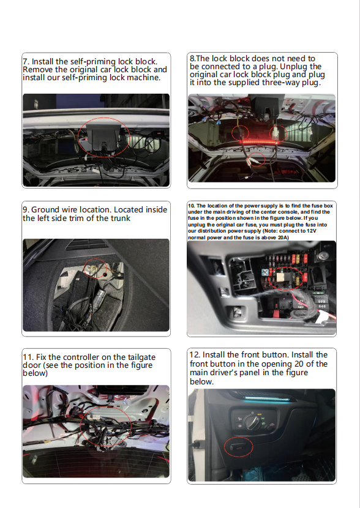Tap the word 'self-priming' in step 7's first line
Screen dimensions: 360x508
click(92, 62)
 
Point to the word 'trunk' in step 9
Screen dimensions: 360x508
click(121, 219)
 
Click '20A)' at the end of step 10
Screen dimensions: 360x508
click(283, 237)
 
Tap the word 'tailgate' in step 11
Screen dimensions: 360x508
click(141, 357)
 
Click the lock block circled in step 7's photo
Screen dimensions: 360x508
click(103, 137)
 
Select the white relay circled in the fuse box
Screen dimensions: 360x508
click(280, 277)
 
